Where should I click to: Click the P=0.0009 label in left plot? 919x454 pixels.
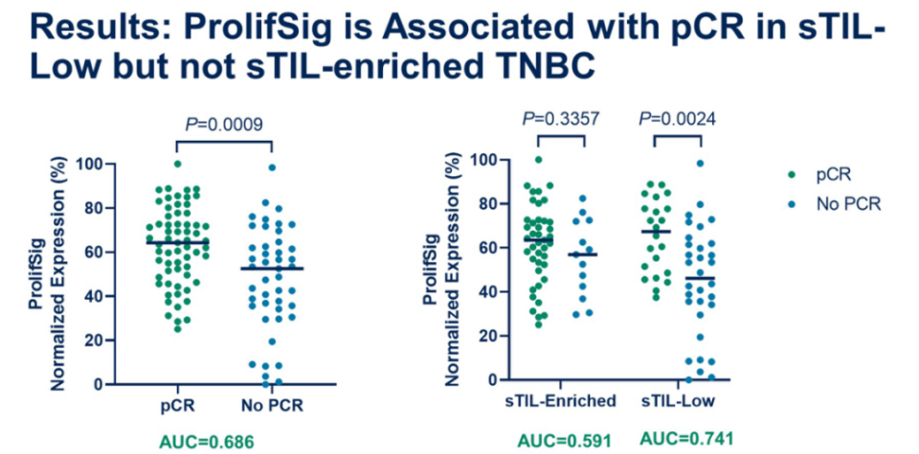(224, 124)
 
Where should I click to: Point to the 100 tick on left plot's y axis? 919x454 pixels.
(116, 165)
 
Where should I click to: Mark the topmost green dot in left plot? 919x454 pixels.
(176, 164)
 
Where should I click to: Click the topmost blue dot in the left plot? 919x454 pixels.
(273, 168)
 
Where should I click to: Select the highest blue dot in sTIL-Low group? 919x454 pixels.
(700, 164)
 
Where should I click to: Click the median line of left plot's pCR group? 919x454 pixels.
(177, 242)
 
